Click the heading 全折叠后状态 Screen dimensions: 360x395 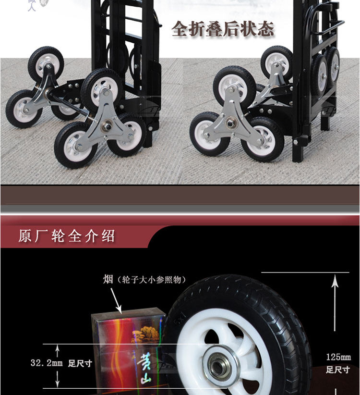tap(223, 29)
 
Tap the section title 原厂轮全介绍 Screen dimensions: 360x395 tap(67, 236)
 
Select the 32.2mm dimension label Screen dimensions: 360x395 tap(47, 363)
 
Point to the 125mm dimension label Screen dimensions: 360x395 tap(338, 357)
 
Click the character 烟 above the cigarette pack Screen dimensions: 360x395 tap(108, 279)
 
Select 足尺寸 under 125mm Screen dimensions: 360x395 tap(338, 370)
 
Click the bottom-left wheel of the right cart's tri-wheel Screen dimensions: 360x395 tap(209, 134)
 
